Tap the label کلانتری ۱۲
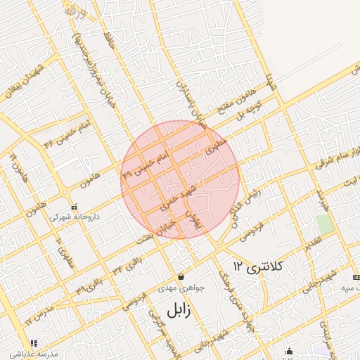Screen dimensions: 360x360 258,266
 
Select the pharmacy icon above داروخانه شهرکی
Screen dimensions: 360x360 75,207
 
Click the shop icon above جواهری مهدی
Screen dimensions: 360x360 181,276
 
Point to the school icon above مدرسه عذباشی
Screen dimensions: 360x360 33,343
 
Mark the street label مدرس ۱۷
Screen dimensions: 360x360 39,312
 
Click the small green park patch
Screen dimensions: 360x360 325,224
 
